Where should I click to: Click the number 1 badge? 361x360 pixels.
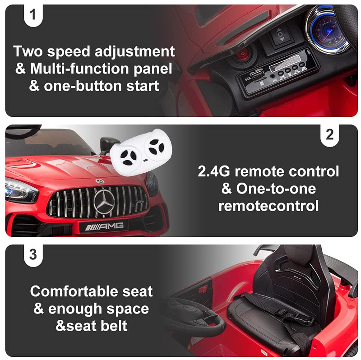coord(32,14)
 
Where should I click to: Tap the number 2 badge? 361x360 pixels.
coord(330,134)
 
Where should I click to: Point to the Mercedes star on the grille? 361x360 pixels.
coord(104,201)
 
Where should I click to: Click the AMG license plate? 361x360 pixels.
coord(104,226)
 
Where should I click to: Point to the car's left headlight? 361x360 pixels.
coord(20,190)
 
